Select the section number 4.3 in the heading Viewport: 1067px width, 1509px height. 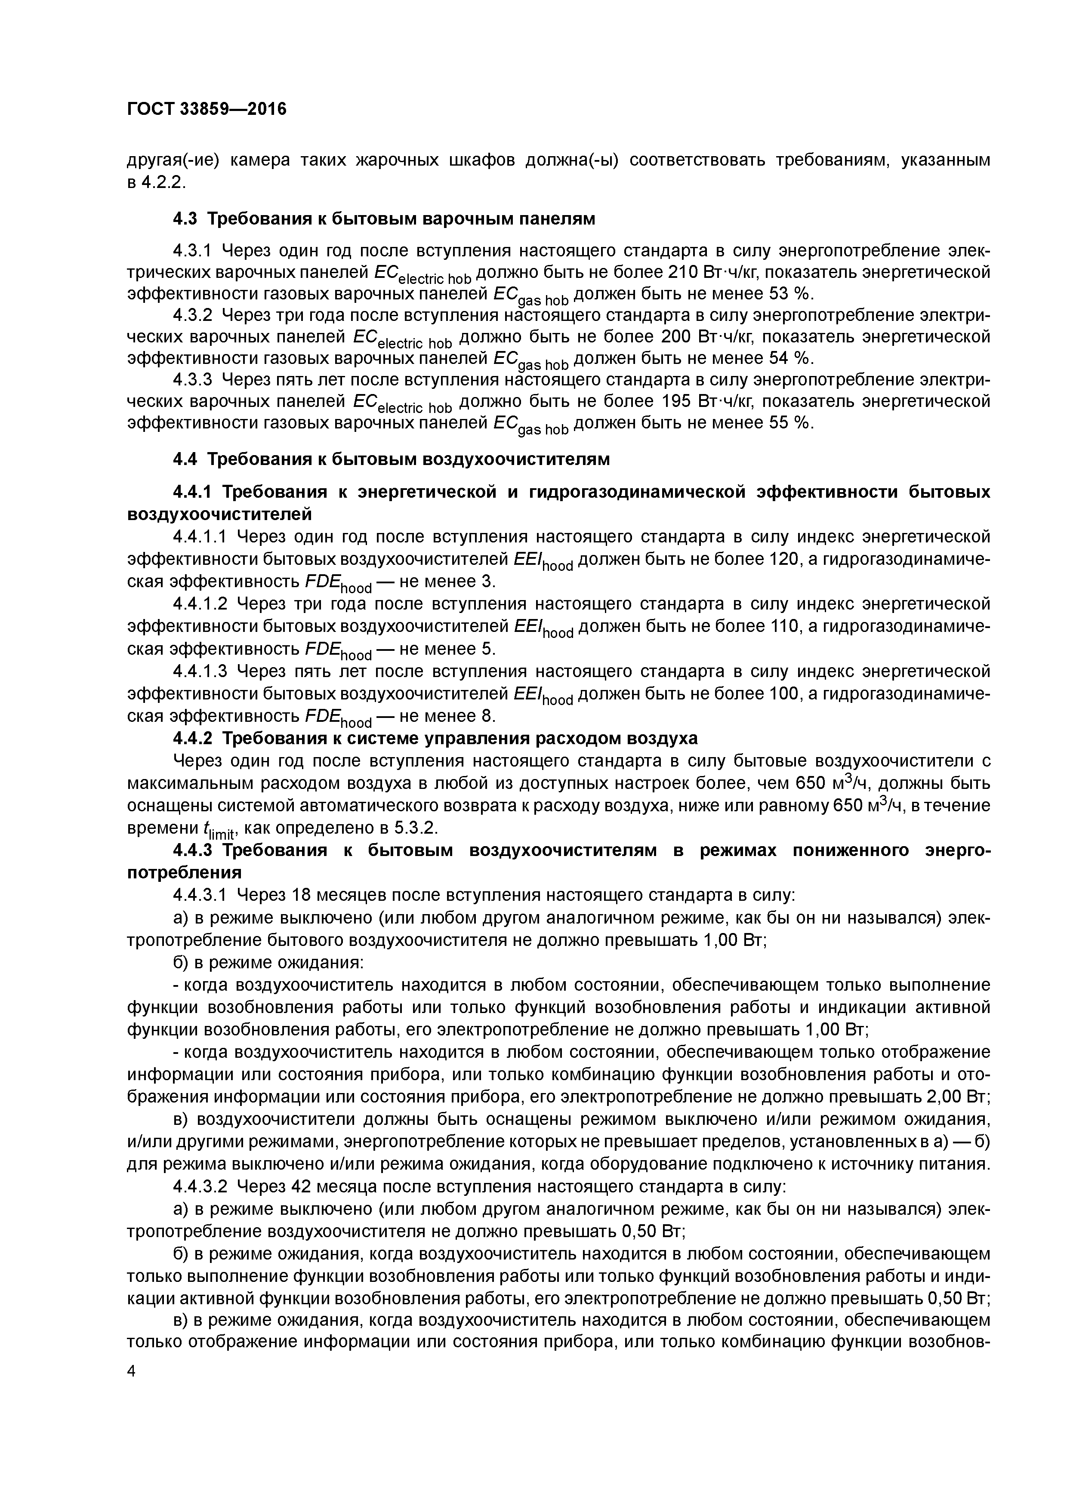click(186, 219)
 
